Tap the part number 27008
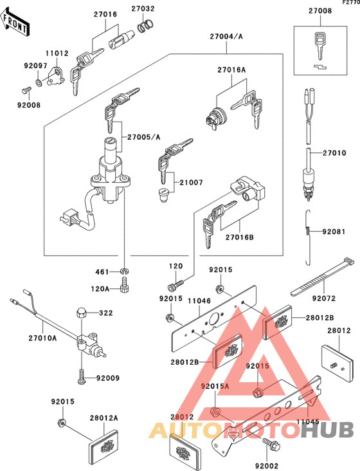click(319, 11)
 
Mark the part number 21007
click(192, 183)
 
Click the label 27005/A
click(143, 137)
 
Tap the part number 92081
click(334, 230)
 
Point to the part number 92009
click(109, 378)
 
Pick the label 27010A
click(43, 337)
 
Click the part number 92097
click(35, 66)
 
